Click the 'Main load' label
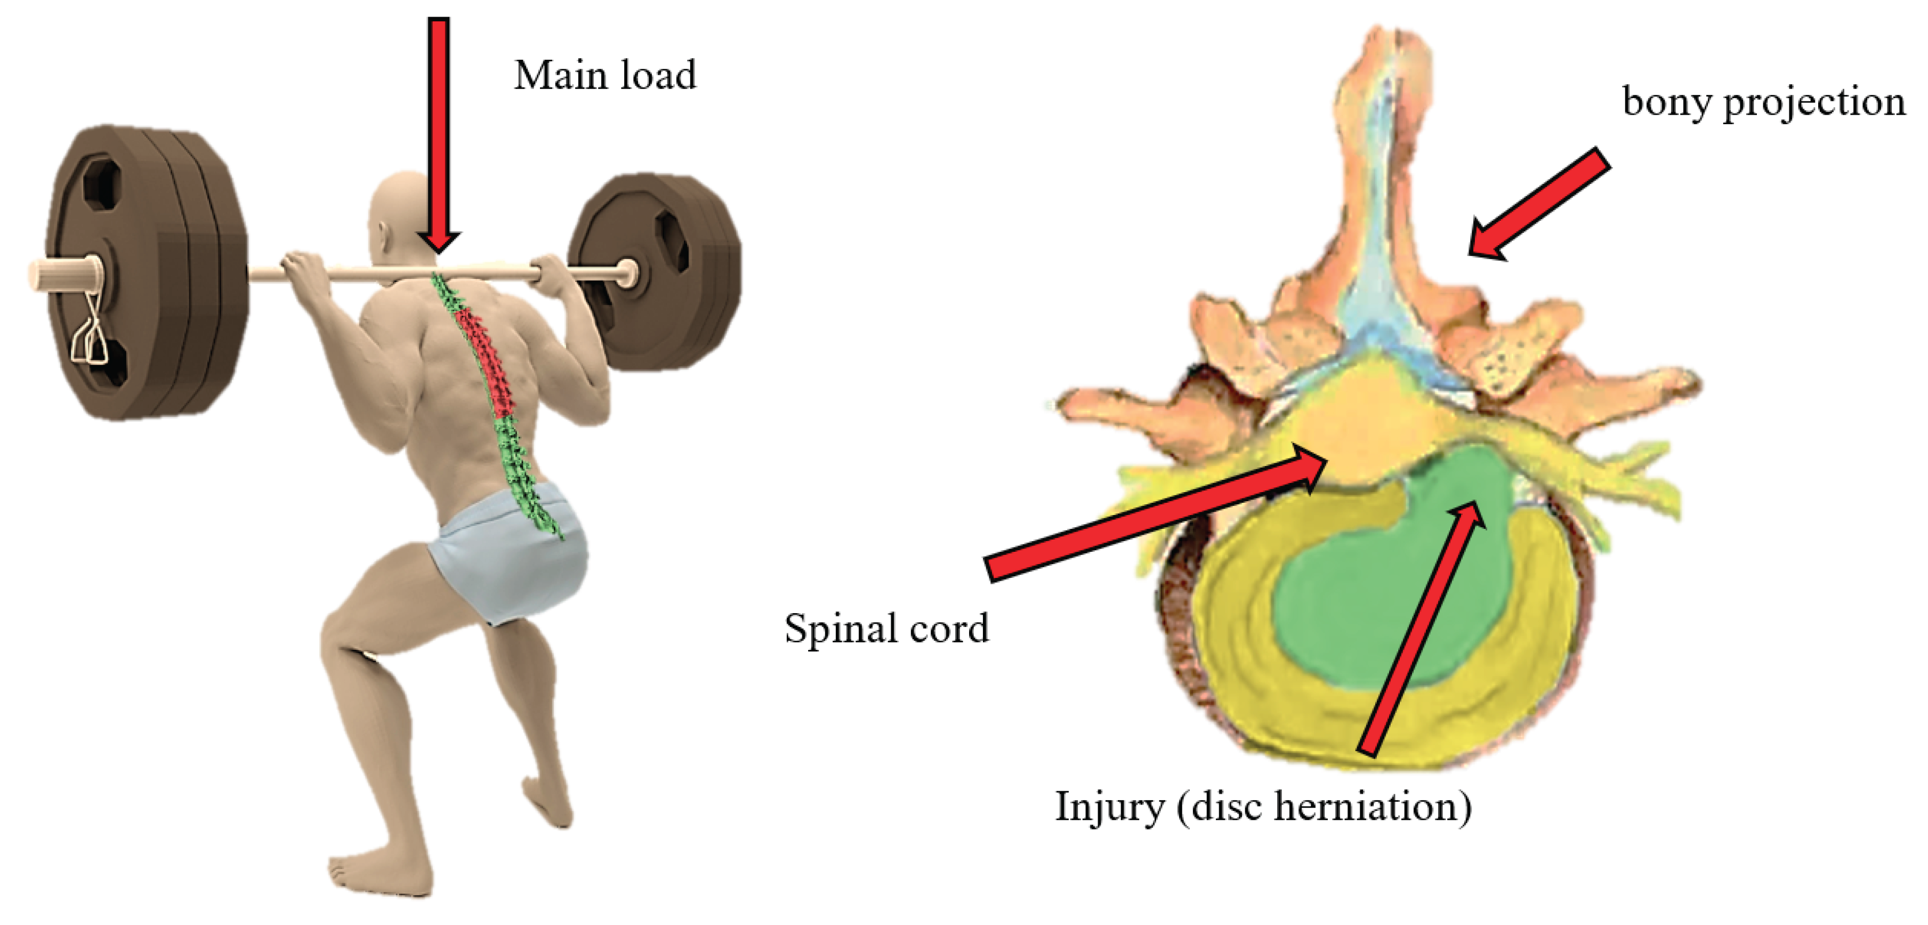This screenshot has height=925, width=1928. pyautogui.click(x=605, y=76)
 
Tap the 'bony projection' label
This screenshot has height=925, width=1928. pyautogui.click(x=1763, y=102)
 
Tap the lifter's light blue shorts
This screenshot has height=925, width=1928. pyautogui.click(x=509, y=554)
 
